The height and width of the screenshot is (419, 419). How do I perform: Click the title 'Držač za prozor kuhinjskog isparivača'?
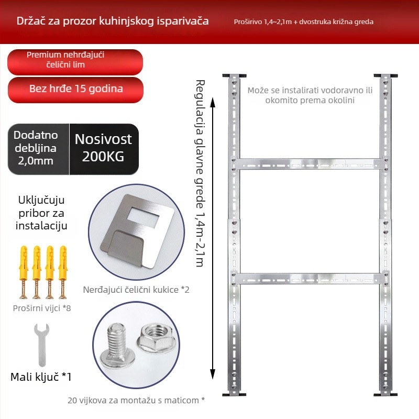113,21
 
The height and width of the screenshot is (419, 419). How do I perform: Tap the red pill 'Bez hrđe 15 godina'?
75,90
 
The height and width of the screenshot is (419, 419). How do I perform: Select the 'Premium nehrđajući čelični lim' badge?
75,62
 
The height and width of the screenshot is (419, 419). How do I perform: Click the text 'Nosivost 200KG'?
103,148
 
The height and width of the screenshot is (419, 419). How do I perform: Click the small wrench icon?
42,345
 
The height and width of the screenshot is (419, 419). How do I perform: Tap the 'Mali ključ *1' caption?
41,377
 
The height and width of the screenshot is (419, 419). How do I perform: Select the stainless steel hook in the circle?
137,231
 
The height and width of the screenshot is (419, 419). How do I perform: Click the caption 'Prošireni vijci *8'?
42,308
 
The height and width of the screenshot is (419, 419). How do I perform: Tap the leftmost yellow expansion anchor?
24,272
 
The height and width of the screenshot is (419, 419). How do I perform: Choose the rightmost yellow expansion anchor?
63,272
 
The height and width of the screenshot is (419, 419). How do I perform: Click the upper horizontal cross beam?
310,163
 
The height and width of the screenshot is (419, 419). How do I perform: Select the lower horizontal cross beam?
310,278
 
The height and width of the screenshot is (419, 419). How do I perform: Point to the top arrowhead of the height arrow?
213,102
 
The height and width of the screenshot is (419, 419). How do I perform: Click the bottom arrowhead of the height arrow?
213,374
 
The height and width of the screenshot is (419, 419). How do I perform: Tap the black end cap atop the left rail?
234,76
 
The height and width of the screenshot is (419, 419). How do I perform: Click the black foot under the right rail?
385,394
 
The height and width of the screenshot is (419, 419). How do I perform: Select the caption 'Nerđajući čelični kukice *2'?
136,290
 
